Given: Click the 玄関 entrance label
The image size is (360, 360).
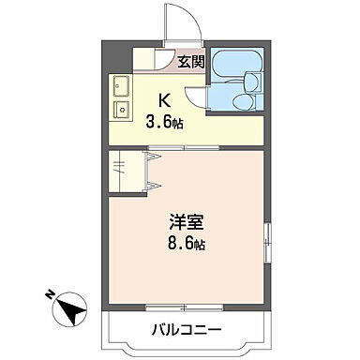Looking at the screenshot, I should [x=190, y=62].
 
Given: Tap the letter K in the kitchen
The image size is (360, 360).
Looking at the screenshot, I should [x=164, y=98].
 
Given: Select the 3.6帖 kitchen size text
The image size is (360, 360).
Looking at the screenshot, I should [x=163, y=122].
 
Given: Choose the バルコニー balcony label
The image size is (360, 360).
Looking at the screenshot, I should [x=185, y=331].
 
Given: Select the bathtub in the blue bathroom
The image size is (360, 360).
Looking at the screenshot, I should [x=232, y=66].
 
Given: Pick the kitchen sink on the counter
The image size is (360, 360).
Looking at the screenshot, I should [x=121, y=89].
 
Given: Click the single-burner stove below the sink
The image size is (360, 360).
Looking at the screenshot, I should [x=120, y=110].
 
